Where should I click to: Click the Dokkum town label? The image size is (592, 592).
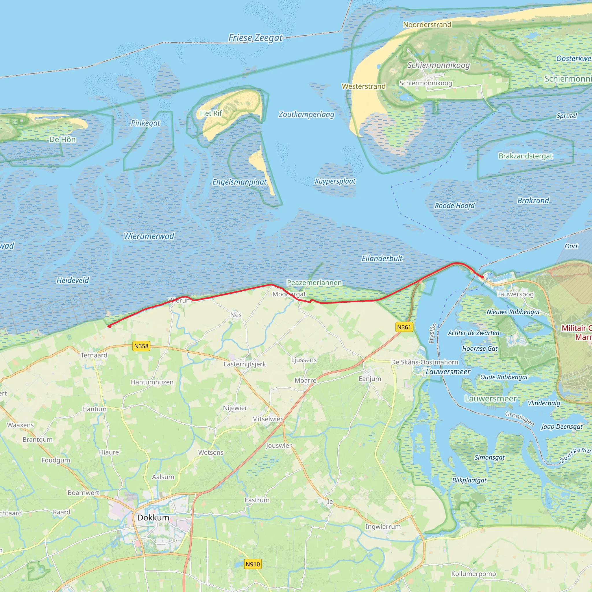point(153,517)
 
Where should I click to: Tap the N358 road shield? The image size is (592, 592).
point(141,346)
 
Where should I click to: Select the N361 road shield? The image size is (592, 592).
point(404,327)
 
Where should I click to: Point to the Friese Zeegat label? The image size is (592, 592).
point(255,38)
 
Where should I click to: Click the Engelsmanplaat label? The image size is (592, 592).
point(239,182)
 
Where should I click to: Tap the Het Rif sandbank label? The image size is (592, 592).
point(211,113)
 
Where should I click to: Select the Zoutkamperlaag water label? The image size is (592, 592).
point(306,114)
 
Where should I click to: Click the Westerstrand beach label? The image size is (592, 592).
point(364,86)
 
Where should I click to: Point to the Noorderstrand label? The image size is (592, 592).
point(427,25)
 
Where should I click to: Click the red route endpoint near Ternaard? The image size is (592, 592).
point(109,326)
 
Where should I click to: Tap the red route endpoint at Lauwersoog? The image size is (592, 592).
point(482,277)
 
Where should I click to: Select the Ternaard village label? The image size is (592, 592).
point(94,355)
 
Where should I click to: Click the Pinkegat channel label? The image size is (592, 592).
point(146,123)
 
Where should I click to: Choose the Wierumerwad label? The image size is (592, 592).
point(149,236)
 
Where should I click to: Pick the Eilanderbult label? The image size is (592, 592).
point(382,259)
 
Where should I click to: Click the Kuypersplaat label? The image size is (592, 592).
point(335,181)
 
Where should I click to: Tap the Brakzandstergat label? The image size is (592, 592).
point(526,156)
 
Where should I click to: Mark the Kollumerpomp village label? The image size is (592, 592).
point(473,573)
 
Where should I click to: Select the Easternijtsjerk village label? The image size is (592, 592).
point(245,364)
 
